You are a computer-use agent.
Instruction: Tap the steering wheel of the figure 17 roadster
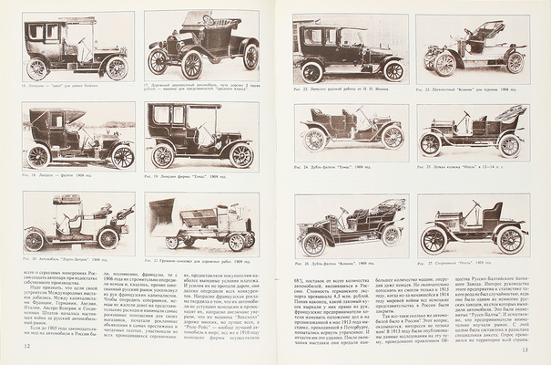(208, 22)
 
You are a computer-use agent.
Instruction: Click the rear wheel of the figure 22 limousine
(311, 71)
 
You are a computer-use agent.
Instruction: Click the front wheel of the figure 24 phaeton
(392, 136)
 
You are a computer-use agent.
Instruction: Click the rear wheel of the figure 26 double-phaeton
(314, 244)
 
